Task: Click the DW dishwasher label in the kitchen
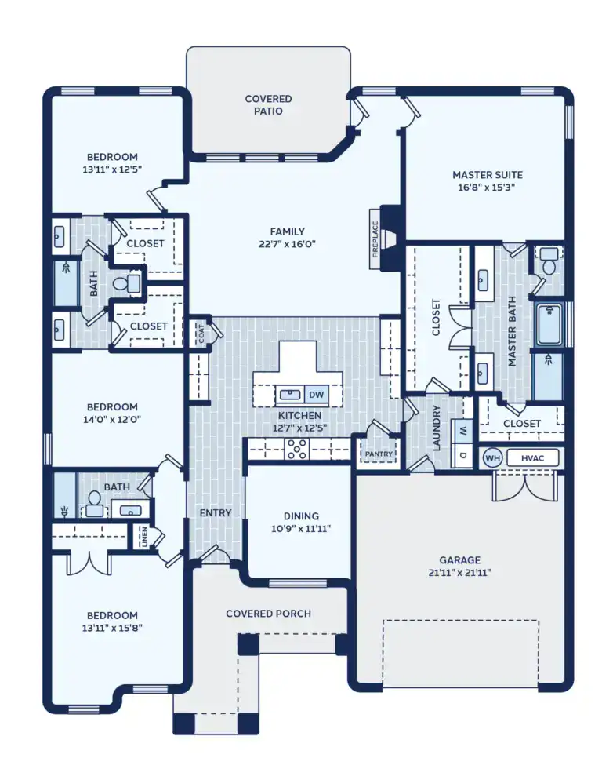(317, 394)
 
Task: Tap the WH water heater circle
(491, 457)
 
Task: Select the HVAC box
(532, 457)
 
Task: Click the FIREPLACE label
(375, 239)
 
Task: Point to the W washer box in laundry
(462, 430)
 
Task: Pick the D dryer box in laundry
(462, 454)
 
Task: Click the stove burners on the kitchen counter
(298, 449)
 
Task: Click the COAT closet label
(200, 334)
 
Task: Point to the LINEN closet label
(144, 537)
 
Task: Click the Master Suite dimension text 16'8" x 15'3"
(487, 188)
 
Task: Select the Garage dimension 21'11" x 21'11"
(459, 572)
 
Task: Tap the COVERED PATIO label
(268, 105)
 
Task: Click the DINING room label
(301, 516)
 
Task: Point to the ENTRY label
(216, 513)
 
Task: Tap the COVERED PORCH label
(268, 614)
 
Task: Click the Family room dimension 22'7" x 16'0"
(287, 244)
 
